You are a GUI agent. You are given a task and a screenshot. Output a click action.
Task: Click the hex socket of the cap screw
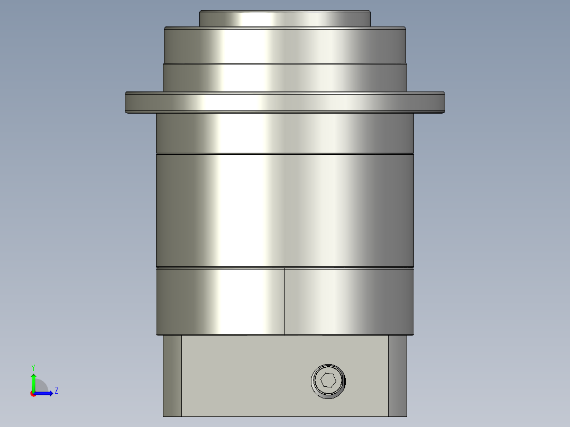click(328, 381)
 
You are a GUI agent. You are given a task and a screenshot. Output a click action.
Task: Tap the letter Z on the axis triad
click(57, 391)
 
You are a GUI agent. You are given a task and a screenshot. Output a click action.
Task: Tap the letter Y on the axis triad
click(33, 367)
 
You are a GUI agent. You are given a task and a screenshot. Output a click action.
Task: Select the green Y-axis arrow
click(33, 380)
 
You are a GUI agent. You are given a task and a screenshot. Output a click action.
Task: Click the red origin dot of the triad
click(33, 393)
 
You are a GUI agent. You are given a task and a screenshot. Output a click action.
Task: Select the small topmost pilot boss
click(284, 18)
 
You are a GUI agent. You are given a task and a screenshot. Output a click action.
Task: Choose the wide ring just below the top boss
click(284, 45)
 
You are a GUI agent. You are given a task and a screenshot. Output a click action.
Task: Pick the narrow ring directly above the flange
click(284, 77)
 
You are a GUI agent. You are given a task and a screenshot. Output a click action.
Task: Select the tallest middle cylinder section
click(284, 210)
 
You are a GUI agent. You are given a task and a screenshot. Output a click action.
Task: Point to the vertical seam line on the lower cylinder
click(285, 301)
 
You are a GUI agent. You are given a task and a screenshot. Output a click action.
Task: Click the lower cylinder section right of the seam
click(349, 301)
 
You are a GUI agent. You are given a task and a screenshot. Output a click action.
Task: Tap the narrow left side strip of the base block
click(172, 375)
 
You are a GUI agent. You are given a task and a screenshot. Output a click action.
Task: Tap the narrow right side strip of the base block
click(398, 375)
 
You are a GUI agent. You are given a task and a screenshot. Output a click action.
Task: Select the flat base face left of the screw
click(243, 375)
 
